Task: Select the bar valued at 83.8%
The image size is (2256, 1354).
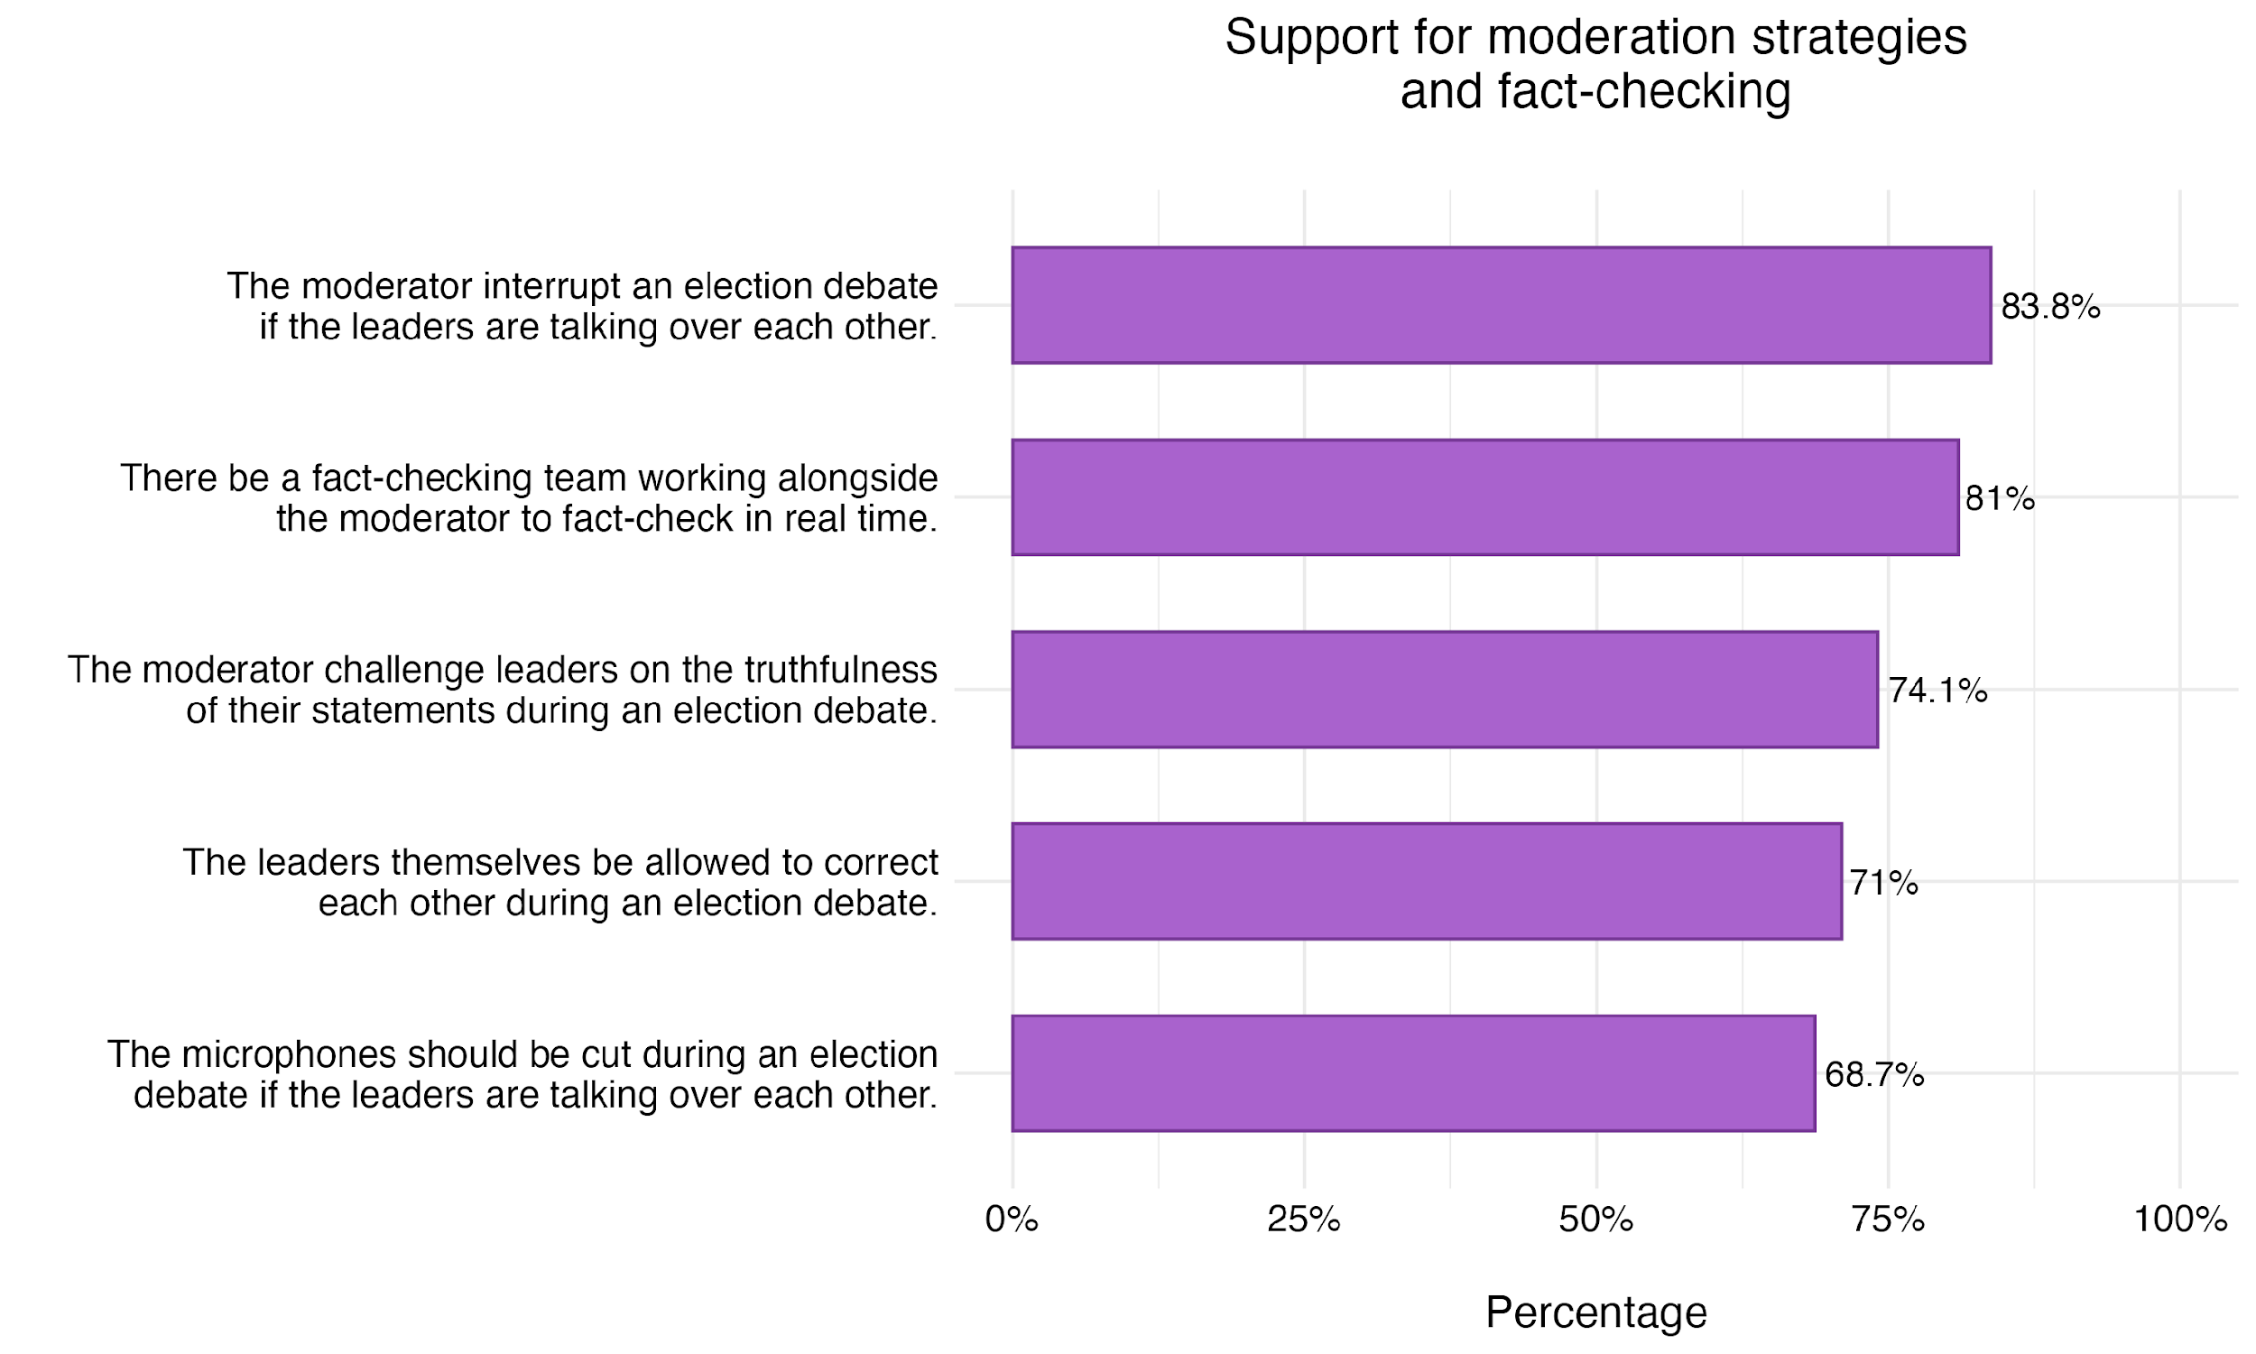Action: tap(1501, 305)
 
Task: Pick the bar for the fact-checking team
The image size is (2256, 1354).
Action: tap(1484, 497)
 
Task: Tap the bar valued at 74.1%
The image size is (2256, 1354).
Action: tap(1445, 689)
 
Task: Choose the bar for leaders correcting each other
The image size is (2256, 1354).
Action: tap(1426, 881)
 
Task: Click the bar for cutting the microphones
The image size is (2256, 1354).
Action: tap(1412, 1073)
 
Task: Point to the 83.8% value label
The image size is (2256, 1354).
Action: tap(2050, 308)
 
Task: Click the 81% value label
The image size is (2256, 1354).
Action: tap(1999, 499)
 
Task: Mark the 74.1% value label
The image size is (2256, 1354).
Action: tap(1937, 691)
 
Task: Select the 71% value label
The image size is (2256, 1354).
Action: tap(1883, 883)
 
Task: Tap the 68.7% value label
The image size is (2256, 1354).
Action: tap(1874, 1076)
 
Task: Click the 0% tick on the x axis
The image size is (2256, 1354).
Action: tap(1012, 1220)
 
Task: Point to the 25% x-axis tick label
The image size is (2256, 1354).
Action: tap(1304, 1220)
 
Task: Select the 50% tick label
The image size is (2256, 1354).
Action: tap(1595, 1220)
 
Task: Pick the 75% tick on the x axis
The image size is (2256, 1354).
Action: tap(1888, 1220)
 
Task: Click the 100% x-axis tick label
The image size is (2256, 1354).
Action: tap(2180, 1220)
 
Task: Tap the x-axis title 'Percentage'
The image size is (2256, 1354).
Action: tap(1595, 1313)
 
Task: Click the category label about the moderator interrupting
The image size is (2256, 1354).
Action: tap(582, 306)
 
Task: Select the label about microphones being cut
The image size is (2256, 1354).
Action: tap(522, 1074)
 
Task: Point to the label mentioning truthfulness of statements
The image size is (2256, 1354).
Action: tap(503, 690)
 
